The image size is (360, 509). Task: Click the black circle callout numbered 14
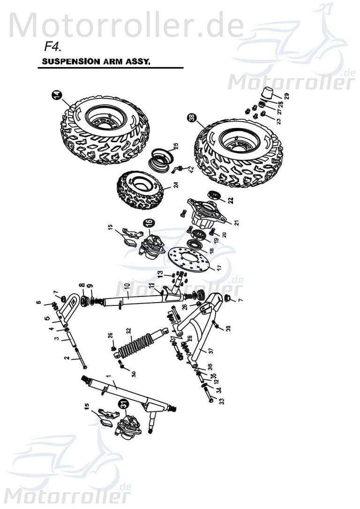pos(57,96)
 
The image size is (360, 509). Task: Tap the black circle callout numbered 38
pos(192,119)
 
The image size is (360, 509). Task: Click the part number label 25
pos(176,146)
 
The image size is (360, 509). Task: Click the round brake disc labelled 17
pos(187,259)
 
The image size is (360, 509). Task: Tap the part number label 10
pos(126,285)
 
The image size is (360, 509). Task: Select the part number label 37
pos(210,351)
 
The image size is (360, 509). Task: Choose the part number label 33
pos(222,401)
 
